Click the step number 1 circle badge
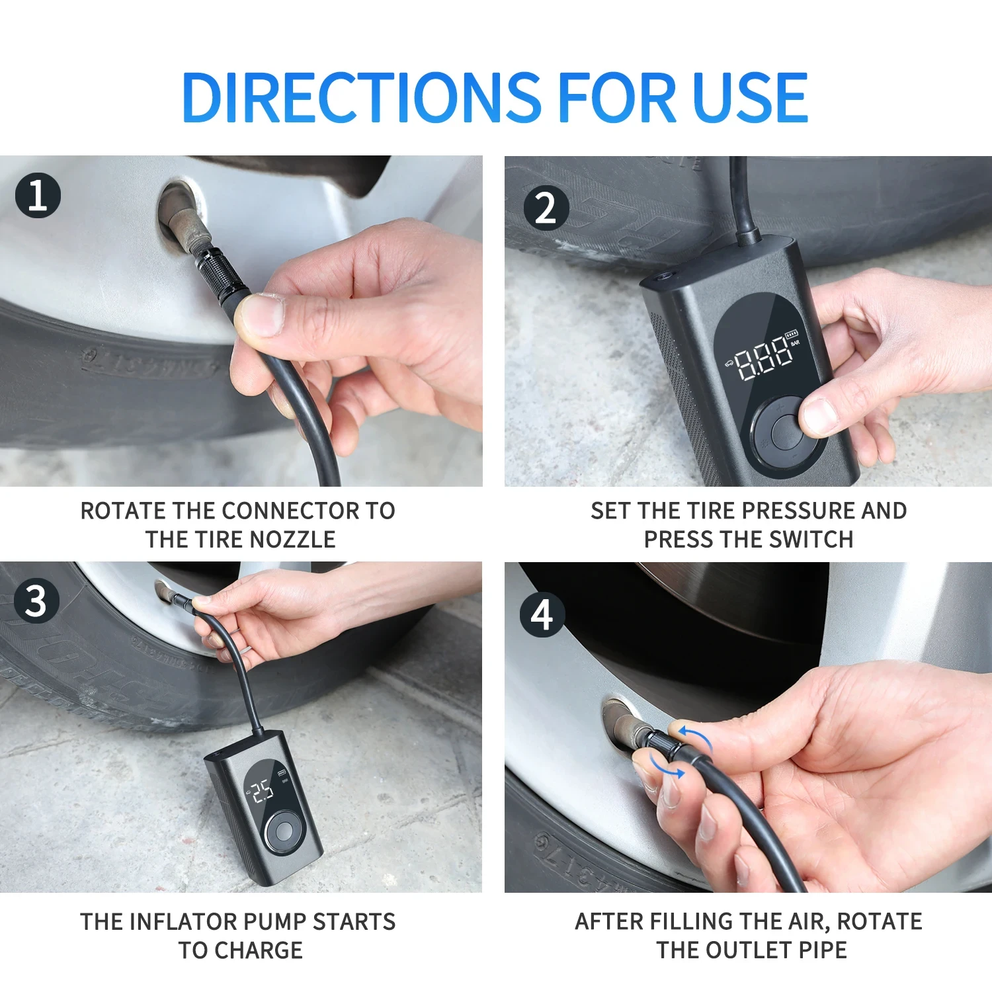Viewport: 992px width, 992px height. click(x=38, y=196)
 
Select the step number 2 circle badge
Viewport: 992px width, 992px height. click(x=546, y=208)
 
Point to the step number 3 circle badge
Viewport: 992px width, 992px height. click(x=36, y=600)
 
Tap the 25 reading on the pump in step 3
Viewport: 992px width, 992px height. click(x=263, y=790)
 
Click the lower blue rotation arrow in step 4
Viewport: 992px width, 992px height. click(x=667, y=768)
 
